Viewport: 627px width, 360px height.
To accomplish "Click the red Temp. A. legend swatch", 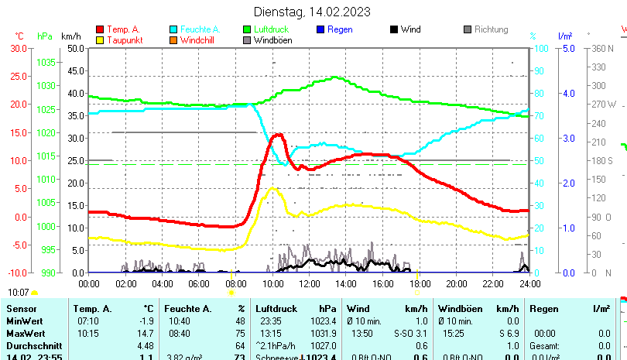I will (100, 29).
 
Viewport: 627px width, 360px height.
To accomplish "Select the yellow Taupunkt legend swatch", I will (100, 39).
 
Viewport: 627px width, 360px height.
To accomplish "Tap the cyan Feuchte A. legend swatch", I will (173, 29).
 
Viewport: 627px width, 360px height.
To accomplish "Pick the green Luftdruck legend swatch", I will (247, 29).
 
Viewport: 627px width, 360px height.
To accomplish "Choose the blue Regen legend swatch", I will (320, 29).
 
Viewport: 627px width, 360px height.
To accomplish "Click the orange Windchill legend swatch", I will (173, 39).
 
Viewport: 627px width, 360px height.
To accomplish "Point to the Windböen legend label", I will (273, 39).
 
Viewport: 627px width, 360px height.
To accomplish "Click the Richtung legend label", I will (491, 29).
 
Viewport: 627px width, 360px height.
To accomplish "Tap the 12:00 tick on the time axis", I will (309, 283).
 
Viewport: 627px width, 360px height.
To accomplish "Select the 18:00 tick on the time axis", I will (419, 283).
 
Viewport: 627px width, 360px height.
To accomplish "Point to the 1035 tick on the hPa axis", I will (46, 62).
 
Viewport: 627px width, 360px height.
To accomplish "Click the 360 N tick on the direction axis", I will (603, 48).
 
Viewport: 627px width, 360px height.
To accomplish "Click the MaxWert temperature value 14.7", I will (145, 333).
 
